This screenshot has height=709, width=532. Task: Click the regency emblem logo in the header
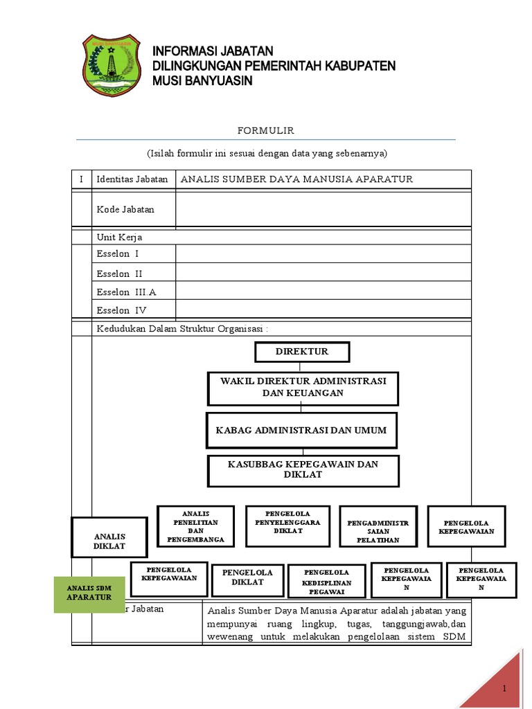(x=112, y=66)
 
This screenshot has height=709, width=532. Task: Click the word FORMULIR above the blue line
(x=266, y=130)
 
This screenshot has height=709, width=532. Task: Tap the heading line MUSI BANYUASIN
(x=202, y=81)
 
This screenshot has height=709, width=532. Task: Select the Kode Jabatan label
(x=125, y=209)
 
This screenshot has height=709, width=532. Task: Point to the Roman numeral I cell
(x=81, y=179)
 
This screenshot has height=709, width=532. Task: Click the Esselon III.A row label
(x=126, y=292)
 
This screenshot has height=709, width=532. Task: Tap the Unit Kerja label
(x=119, y=237)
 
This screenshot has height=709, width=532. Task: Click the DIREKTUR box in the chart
(x=302, y=352)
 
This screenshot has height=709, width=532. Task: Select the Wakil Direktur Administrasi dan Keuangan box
(x=303, y=388)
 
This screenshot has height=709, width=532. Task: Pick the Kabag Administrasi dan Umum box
(x=301, y=431)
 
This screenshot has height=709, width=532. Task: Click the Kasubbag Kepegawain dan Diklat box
(x=303, y=470)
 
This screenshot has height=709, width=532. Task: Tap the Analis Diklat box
(x=109, y=537)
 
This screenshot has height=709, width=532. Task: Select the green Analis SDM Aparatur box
(x=89, y=593)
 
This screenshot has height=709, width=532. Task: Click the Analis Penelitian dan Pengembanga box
(x=196, y=526)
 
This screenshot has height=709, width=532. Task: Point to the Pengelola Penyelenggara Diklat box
(x=287, y=526)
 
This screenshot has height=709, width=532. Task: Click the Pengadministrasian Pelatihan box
(x=378, y=527)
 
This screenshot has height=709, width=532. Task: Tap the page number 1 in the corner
(x=506, y=688)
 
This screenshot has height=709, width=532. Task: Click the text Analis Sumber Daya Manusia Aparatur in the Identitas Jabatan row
(x=296, y=179)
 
